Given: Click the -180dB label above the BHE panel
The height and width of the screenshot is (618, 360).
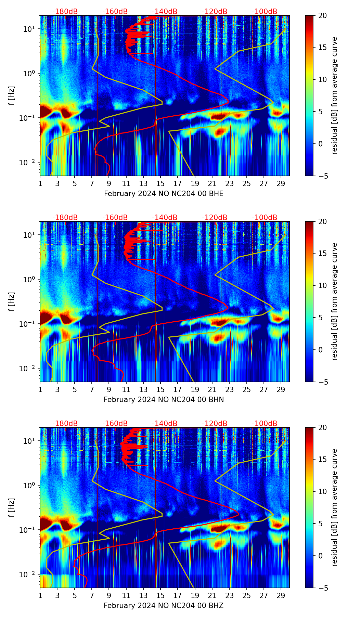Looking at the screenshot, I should [65, 12].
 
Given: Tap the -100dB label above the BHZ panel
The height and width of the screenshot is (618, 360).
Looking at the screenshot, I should [265, 424].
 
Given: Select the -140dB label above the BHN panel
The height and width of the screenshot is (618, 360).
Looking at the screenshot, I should [165, 218].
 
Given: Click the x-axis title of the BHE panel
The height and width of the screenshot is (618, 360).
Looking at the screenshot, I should [164, 194].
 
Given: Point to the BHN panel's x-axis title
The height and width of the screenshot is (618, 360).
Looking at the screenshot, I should [164, 400].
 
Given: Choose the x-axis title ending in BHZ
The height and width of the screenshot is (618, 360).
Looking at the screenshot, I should [164, 606].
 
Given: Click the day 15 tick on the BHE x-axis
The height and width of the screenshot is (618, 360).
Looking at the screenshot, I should [160, 183].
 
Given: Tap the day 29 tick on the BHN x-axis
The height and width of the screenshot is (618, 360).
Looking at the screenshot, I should [281, 389].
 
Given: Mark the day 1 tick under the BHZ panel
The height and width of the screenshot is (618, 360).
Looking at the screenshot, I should [40, 595].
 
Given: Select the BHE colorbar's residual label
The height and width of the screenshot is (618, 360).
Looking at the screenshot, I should [334, 95].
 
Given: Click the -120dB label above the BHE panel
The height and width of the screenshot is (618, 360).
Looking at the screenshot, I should [215, 12].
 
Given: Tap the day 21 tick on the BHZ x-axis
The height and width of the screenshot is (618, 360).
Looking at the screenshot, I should [212, 595].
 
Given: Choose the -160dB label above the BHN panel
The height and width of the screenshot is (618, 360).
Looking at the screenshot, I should [115, 218].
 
